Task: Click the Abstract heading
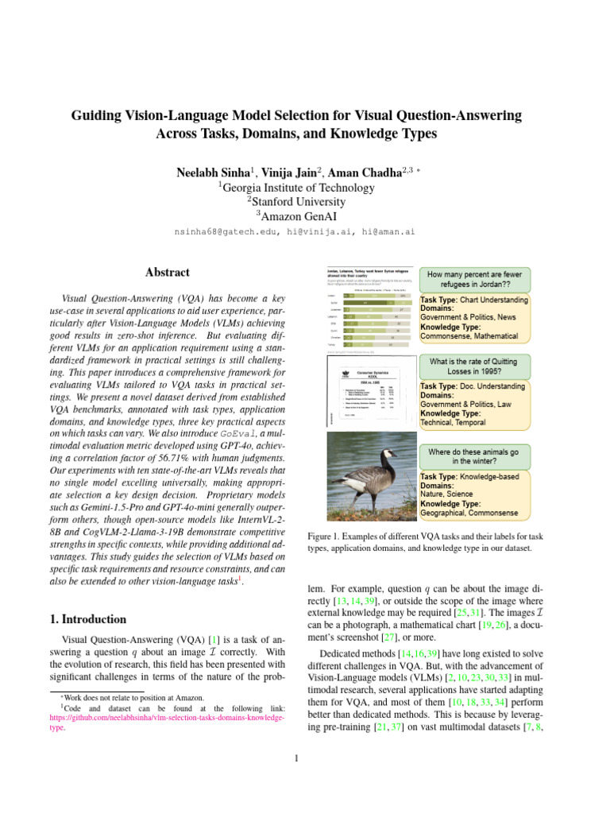[x=167, y=272]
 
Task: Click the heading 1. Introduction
[x=83, y=619]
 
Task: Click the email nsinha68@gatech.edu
[x=222, y=232]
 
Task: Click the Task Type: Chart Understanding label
[x=473, y=300]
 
